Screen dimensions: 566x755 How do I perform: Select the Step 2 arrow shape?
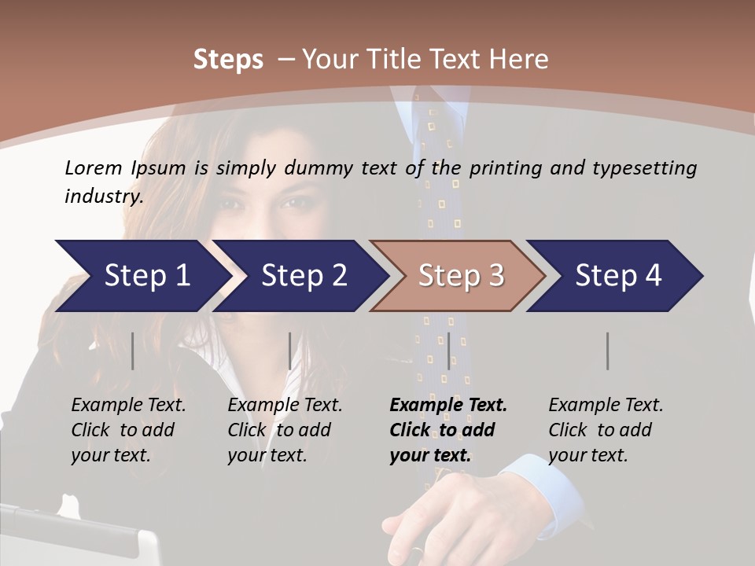(x=299, y=276)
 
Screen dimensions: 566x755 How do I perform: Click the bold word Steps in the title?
(x=228, y=59)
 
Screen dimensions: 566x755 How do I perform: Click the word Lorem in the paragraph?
(x=93, y=167)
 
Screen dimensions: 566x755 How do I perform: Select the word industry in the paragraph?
(x=103, y=196)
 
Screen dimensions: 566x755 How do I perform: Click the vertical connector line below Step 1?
(x=133, y=351)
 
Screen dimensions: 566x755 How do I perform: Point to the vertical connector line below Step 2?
(x=290, y=351)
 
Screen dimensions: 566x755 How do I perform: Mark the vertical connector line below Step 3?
(x=448, y=351)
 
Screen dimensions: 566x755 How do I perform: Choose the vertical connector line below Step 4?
(x=608, y=351)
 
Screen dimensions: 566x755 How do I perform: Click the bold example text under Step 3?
(x=447, y=430)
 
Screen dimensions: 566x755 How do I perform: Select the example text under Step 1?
(x=128, y=430)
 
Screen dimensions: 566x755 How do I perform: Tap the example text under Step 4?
(x=605, y=430)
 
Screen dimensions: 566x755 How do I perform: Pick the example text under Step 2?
(x=285, y=430)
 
